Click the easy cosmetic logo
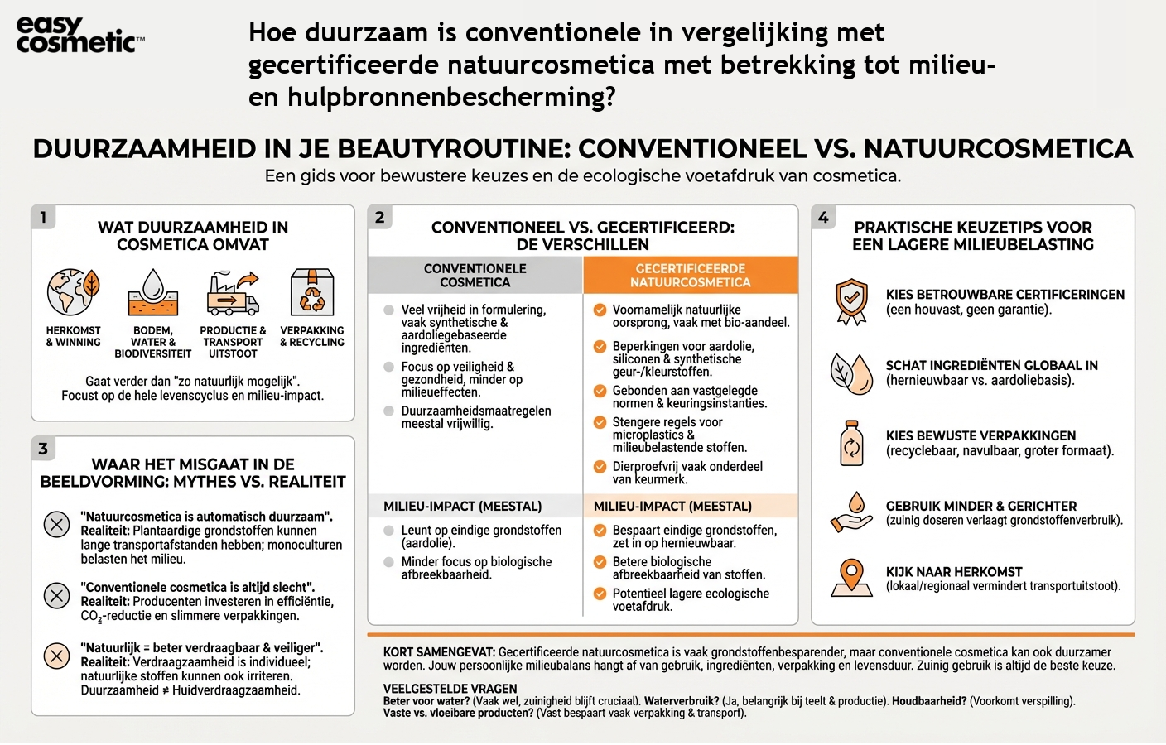[79, 36]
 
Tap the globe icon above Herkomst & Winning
[73, 291]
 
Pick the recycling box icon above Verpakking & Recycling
[312, 292]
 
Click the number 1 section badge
[43, 218]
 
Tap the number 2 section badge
[379, 218]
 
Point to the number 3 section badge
[43, 449]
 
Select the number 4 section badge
[823, 218]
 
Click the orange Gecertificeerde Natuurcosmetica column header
[691, 276]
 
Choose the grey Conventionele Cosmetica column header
[475, 276]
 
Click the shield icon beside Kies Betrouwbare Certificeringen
[851, 301]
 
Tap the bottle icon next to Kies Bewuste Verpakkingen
[851, 443]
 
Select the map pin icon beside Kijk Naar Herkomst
[851, 578]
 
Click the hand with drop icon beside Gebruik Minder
[851, 512]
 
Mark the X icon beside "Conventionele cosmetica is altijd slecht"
[56, 595]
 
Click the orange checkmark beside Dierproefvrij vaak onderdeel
[600, 467]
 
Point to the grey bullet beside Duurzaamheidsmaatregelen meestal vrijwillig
[388, 411]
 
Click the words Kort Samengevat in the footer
[439, 652]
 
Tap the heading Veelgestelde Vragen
[450, 689]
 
